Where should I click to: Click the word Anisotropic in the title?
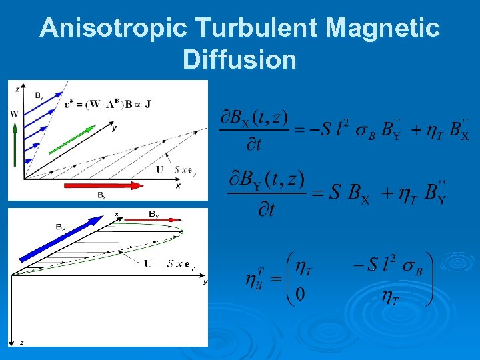114,29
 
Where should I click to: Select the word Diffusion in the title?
239,60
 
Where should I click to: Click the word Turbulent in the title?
259,29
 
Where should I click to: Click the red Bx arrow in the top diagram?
103,185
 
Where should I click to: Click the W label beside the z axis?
14,114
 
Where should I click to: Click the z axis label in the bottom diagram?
21,343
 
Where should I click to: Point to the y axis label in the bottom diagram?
205,283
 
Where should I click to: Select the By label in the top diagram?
39,94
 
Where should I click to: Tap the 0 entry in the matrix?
300,294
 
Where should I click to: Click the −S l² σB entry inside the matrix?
387,263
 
